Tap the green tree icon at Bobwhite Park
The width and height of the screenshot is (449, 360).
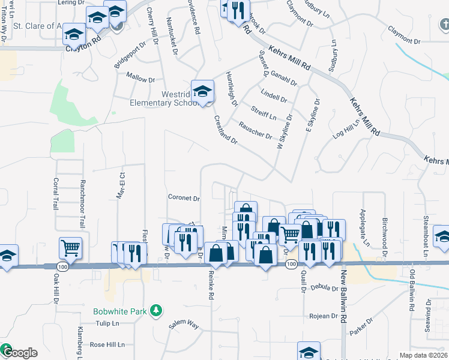pos(156,310)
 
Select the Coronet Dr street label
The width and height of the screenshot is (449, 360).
pos(184,197)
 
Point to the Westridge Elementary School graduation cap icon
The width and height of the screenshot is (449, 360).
pos(203,91)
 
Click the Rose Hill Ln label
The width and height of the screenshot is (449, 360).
pos(107,345)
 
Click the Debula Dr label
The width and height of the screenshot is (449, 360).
pos(324,288)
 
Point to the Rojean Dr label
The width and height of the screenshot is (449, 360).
pos(324,316)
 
